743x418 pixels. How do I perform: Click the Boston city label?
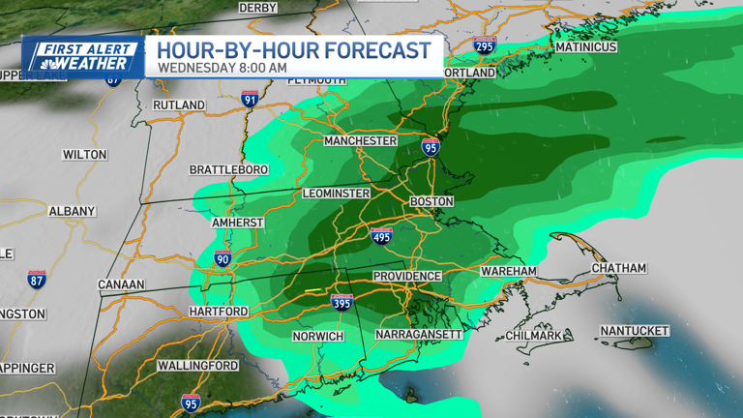click(431, 201)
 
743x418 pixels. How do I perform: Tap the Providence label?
click(406, 277)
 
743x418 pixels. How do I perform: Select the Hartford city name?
click(218, 313)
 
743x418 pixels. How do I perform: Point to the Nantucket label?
click(634, 331)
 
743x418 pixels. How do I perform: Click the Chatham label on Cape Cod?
click(618, 267)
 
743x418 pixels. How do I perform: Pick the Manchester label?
click(360, 141)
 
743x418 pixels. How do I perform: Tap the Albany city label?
click(72, 211)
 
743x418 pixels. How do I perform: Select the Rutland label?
click(179, 104)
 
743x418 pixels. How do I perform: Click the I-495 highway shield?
click(382, 236)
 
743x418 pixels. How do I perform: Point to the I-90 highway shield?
click(223, 258)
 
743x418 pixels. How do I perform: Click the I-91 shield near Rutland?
click(250, 99)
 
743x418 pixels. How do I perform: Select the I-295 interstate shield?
click(484, 45)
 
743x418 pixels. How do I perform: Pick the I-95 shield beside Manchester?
click(431, 146)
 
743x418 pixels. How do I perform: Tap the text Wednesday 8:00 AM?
click(222, 68)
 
